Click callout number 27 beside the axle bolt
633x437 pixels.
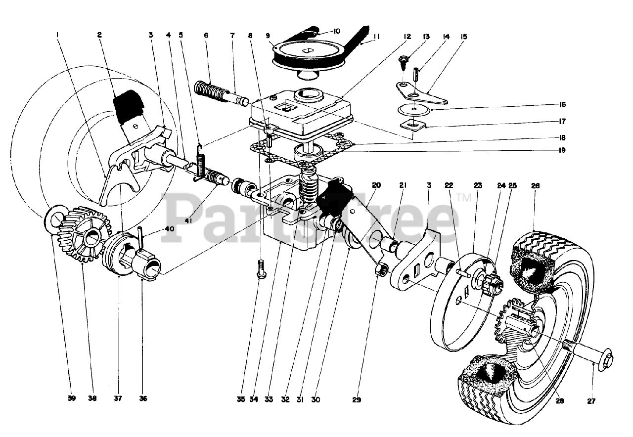[x=591, y=401]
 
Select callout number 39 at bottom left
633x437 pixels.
[x=72, y=398]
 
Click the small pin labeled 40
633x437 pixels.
[x=141, y=237]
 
